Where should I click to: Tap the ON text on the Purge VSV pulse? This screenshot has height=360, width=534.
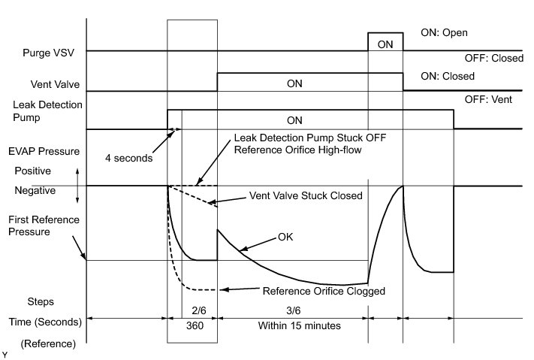(x=385, y=44)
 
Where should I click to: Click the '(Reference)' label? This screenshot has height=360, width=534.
(x=48, y=343)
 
